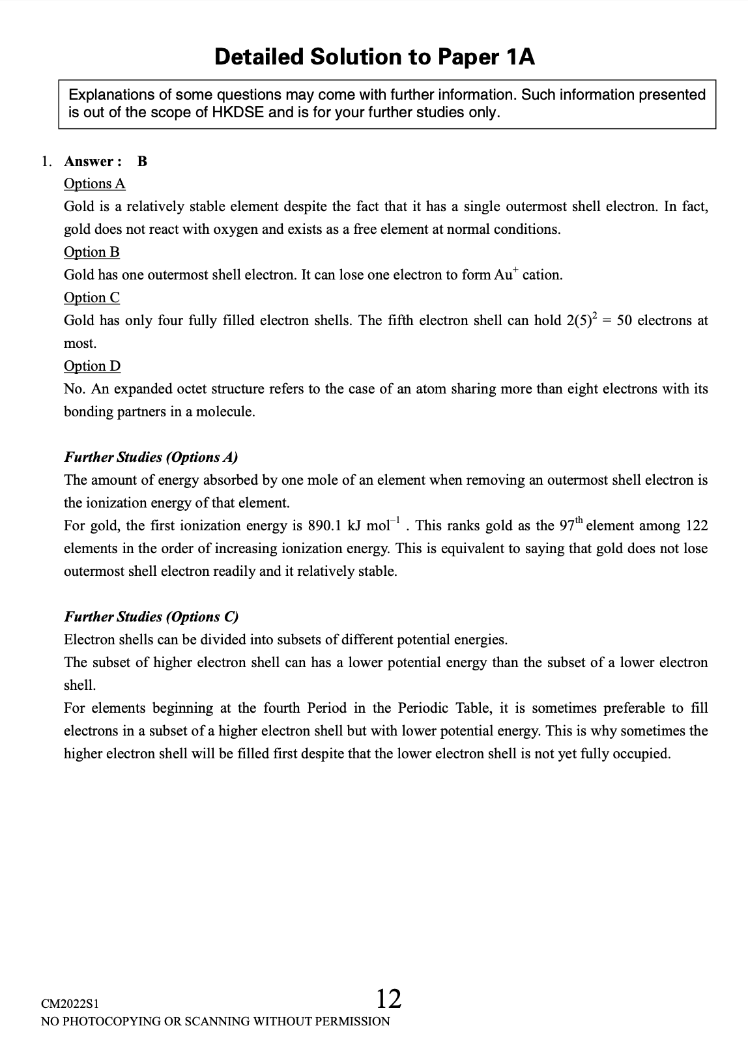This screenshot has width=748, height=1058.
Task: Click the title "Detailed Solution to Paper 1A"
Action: point(375,57)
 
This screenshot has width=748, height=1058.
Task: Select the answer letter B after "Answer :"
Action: point(142,162)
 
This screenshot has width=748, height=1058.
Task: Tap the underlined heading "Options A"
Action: point(94,184)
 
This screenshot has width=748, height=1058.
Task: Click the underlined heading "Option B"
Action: point(92,252)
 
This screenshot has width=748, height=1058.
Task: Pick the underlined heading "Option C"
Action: point(92,298)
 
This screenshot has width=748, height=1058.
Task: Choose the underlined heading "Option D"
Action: point(92,366)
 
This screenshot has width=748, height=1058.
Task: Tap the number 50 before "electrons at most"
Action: point(624,321)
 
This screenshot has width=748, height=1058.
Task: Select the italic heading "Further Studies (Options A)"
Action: point(151,457)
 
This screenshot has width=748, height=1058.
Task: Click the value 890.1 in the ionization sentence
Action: point(325,526)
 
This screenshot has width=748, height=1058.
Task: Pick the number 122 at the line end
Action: point(696,526)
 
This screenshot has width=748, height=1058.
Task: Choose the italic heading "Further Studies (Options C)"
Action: point(151,617)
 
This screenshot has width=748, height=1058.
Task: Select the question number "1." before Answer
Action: point(47,162)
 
